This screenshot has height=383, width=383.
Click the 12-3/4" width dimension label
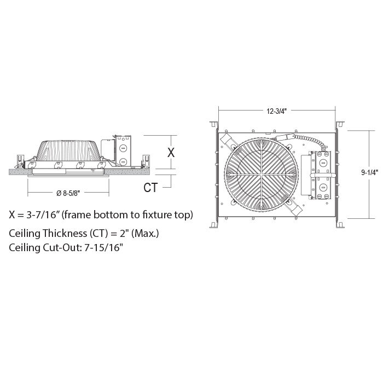[276, 112]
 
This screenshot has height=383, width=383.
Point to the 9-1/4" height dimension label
[369, 173]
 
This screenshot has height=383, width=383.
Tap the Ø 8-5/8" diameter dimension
[68, 193]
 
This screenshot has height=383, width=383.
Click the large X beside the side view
[171, 153]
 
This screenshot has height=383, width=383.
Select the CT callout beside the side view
[150, 188]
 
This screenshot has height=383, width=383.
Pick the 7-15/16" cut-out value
[103, 248]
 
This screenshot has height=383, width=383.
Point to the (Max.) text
[145, 234]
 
